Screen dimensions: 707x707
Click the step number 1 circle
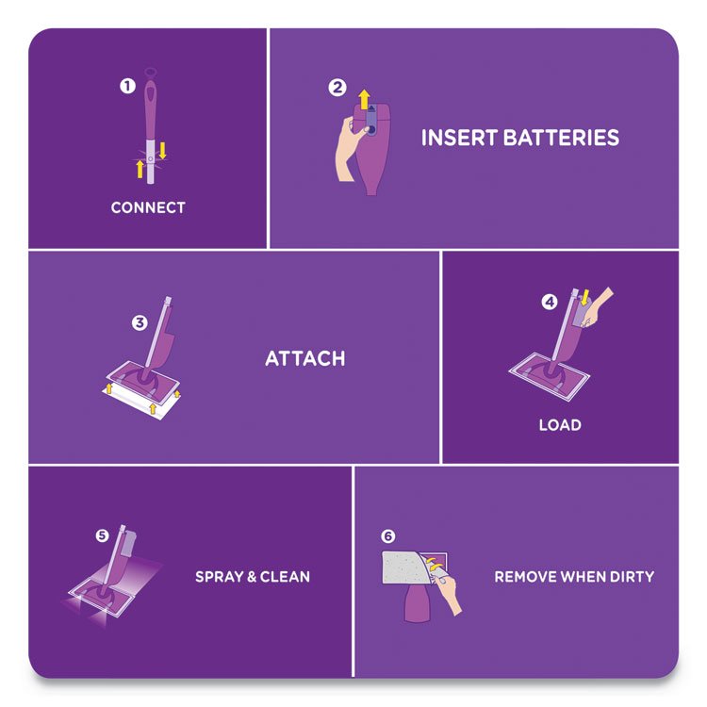[127, 86]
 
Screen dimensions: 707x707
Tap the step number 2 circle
[337, 88]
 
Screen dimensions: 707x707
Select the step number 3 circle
[140, 322]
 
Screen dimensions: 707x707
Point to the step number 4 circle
[550, 302]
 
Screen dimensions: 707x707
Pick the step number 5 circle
[102, 535]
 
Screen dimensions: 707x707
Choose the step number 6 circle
[387, 536]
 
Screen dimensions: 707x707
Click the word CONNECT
[148, 207]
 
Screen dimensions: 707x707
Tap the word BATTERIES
[561, 138]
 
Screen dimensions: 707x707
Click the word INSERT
[459, 138]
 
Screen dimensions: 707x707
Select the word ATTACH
[305, 358]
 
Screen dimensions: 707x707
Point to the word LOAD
[560, 425]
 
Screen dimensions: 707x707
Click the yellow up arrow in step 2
[364, 100]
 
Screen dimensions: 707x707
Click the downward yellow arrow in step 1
[162, 151]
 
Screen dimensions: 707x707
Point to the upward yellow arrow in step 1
[140, 169]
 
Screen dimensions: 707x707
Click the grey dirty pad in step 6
[404, 567]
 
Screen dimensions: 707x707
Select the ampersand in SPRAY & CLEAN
[252, 577]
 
